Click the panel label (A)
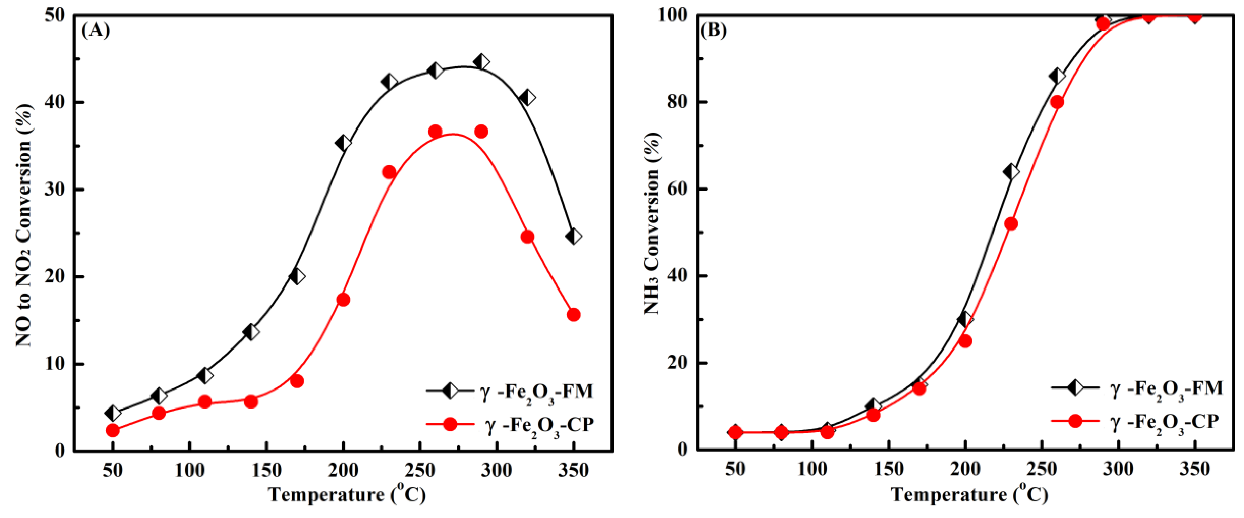click(96, 31)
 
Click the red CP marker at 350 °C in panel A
click(573, 315)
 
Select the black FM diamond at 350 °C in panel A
click(573, 237)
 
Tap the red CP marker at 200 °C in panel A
click(343, 299)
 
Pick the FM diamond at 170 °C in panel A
click(297, 276)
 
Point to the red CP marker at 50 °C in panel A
click(113, 430)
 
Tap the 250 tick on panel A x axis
click(420, 469)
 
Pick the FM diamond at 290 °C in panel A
click(481, 62)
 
